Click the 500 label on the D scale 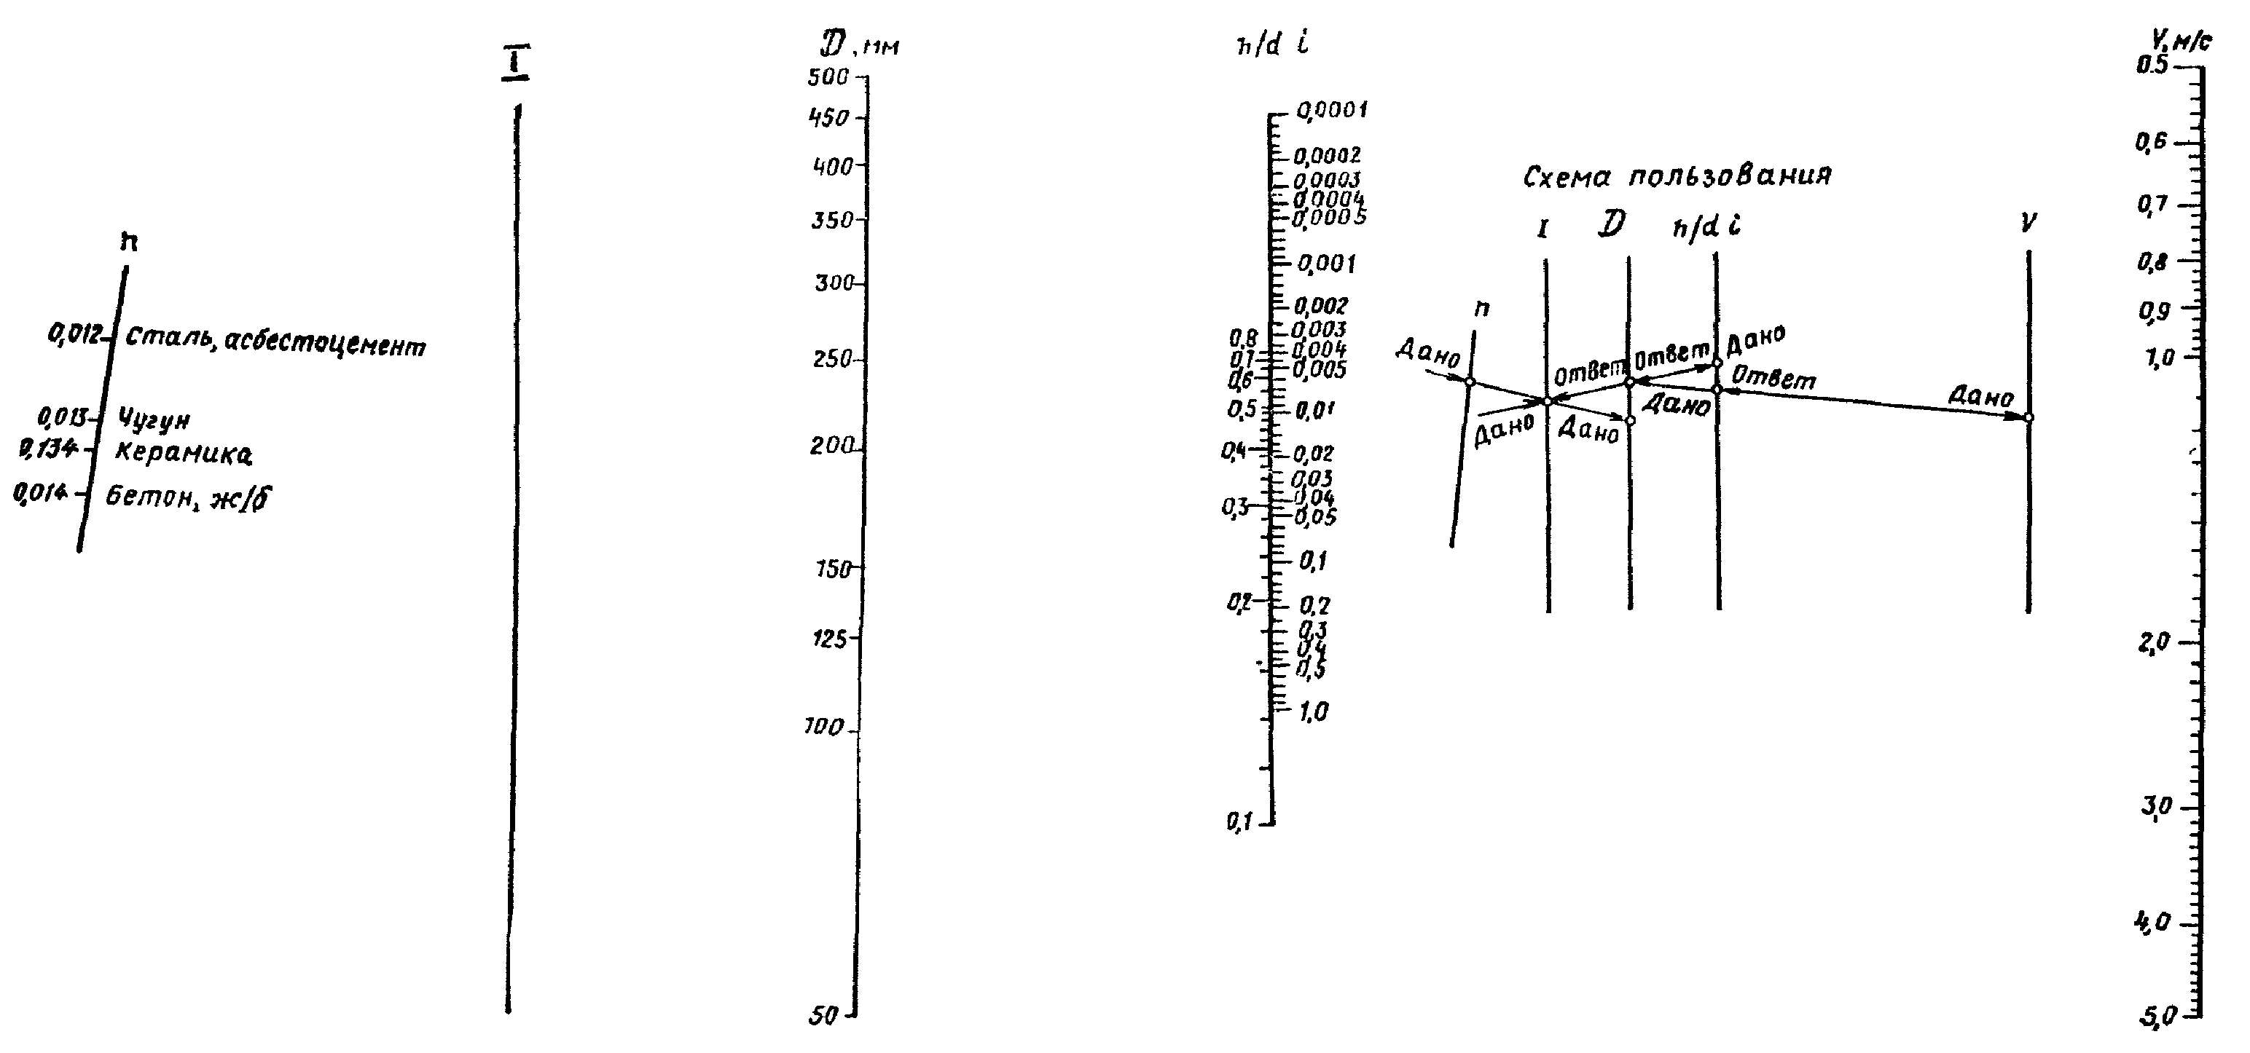click(828, 78)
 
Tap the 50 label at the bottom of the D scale click(823, 1015)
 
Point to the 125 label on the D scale click(830, 639)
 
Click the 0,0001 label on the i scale click(1331, 111)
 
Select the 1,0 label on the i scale click(1314, 712)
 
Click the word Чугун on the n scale click(153, 420)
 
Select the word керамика click(184, 454)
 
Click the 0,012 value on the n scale click(76, 334)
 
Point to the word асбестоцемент click(325, 345)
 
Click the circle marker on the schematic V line click(2028, 418)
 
